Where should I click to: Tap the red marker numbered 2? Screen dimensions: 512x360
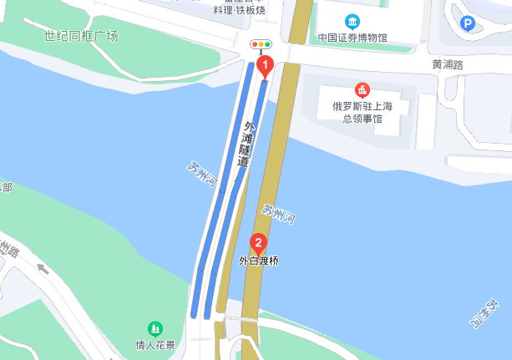pyautogui.click(x=259, y=245)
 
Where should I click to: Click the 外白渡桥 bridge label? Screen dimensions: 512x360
pyautogui.click(x=259, y=261)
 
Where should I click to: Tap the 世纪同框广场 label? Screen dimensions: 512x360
pyautogui.click(x=82, y=36)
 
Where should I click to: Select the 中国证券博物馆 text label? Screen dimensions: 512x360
pyautogui.click(x=353, y=38)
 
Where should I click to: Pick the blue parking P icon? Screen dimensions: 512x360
pyautogui.click(x=469, y=24)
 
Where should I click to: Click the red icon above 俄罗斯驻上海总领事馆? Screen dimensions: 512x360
pyautogui.click(x=362, y=89)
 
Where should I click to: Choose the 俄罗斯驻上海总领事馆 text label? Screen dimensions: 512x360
pyautogui.click(x=362, y=112)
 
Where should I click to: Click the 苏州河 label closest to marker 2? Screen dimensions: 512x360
pyautogui.click(x=278, y=213)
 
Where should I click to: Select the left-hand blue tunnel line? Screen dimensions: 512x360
pyautogui.click(x=221, y=192)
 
